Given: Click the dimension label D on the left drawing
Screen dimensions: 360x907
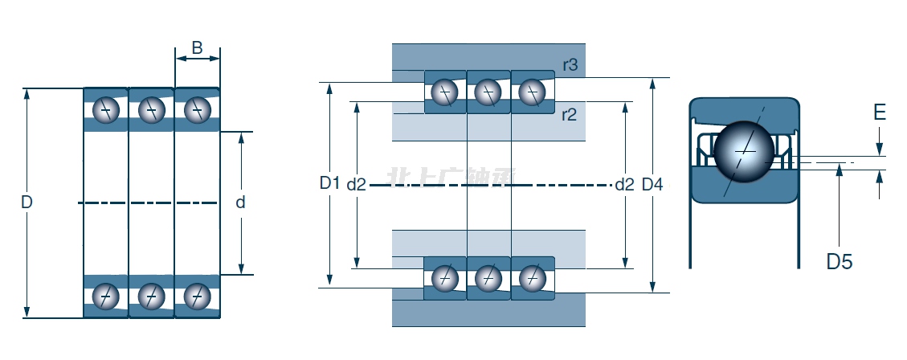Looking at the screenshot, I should tap(27, 202).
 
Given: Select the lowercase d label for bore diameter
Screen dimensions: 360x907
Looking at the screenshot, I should tap(240, 202).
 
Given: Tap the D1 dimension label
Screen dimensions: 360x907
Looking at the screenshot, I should tap(329, 183).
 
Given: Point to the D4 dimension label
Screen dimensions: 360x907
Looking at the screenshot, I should tap(652, 185).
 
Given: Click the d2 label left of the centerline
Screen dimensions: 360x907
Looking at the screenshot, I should tap(357, 185).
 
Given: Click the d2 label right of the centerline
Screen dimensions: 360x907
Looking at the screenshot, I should tap(624, 185).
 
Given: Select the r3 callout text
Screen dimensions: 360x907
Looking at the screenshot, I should tap(569, 65).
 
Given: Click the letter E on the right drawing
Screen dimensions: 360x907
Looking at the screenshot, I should tap(880, 112).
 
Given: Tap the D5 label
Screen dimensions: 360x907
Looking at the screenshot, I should tap(840, 261).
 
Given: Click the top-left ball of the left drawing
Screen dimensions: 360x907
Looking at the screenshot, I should tap(105, 110).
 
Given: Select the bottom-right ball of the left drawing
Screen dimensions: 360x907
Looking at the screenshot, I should tap(196, 297).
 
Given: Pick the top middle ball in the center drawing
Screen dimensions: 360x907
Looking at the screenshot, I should tap(486, 93).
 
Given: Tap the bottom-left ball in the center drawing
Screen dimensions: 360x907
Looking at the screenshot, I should tap(443, 278).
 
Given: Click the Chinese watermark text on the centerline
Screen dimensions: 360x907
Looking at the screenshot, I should tap(451, 178).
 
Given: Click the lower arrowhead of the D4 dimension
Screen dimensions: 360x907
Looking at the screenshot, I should tap(653, 286).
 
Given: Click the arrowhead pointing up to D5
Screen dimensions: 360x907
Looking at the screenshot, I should tap(840, 168).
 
